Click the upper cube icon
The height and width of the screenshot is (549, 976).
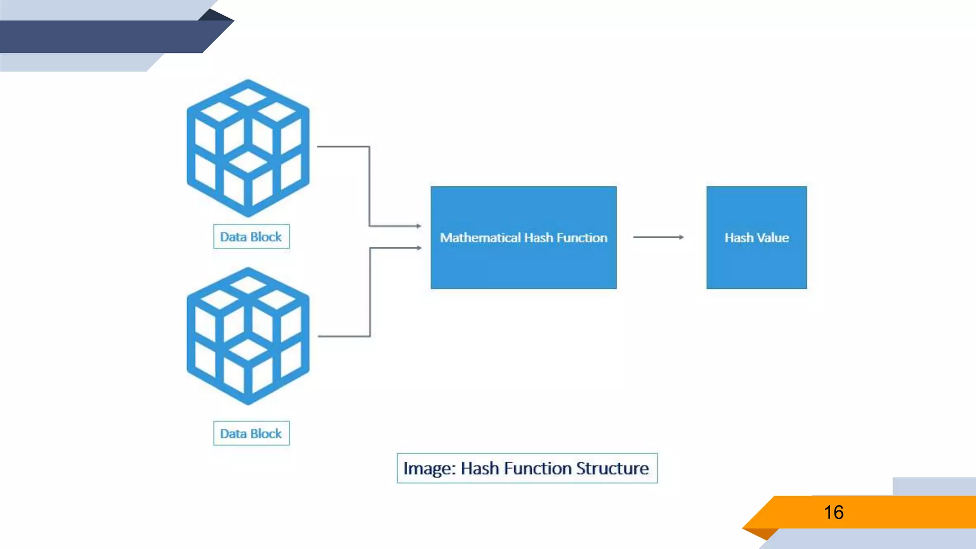[248, 148]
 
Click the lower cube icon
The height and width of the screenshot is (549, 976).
[248, 336]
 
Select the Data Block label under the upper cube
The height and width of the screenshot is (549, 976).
[251, 236]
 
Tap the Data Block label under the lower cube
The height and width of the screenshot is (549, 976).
[251, 433]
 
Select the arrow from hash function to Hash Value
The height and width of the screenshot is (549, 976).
[658, 237]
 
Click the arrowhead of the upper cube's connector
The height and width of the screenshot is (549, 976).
[419, 226]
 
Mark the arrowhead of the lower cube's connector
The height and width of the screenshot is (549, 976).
[419, 248]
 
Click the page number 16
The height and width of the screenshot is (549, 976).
[834, 512]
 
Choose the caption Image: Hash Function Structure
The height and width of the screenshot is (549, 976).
[527, 468]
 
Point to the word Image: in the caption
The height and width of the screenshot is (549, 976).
[429, 468]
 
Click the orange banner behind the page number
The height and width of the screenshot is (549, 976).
[905, 512]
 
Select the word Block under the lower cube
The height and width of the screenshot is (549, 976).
[266, 433]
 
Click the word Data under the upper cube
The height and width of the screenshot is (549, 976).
[233, 236]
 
